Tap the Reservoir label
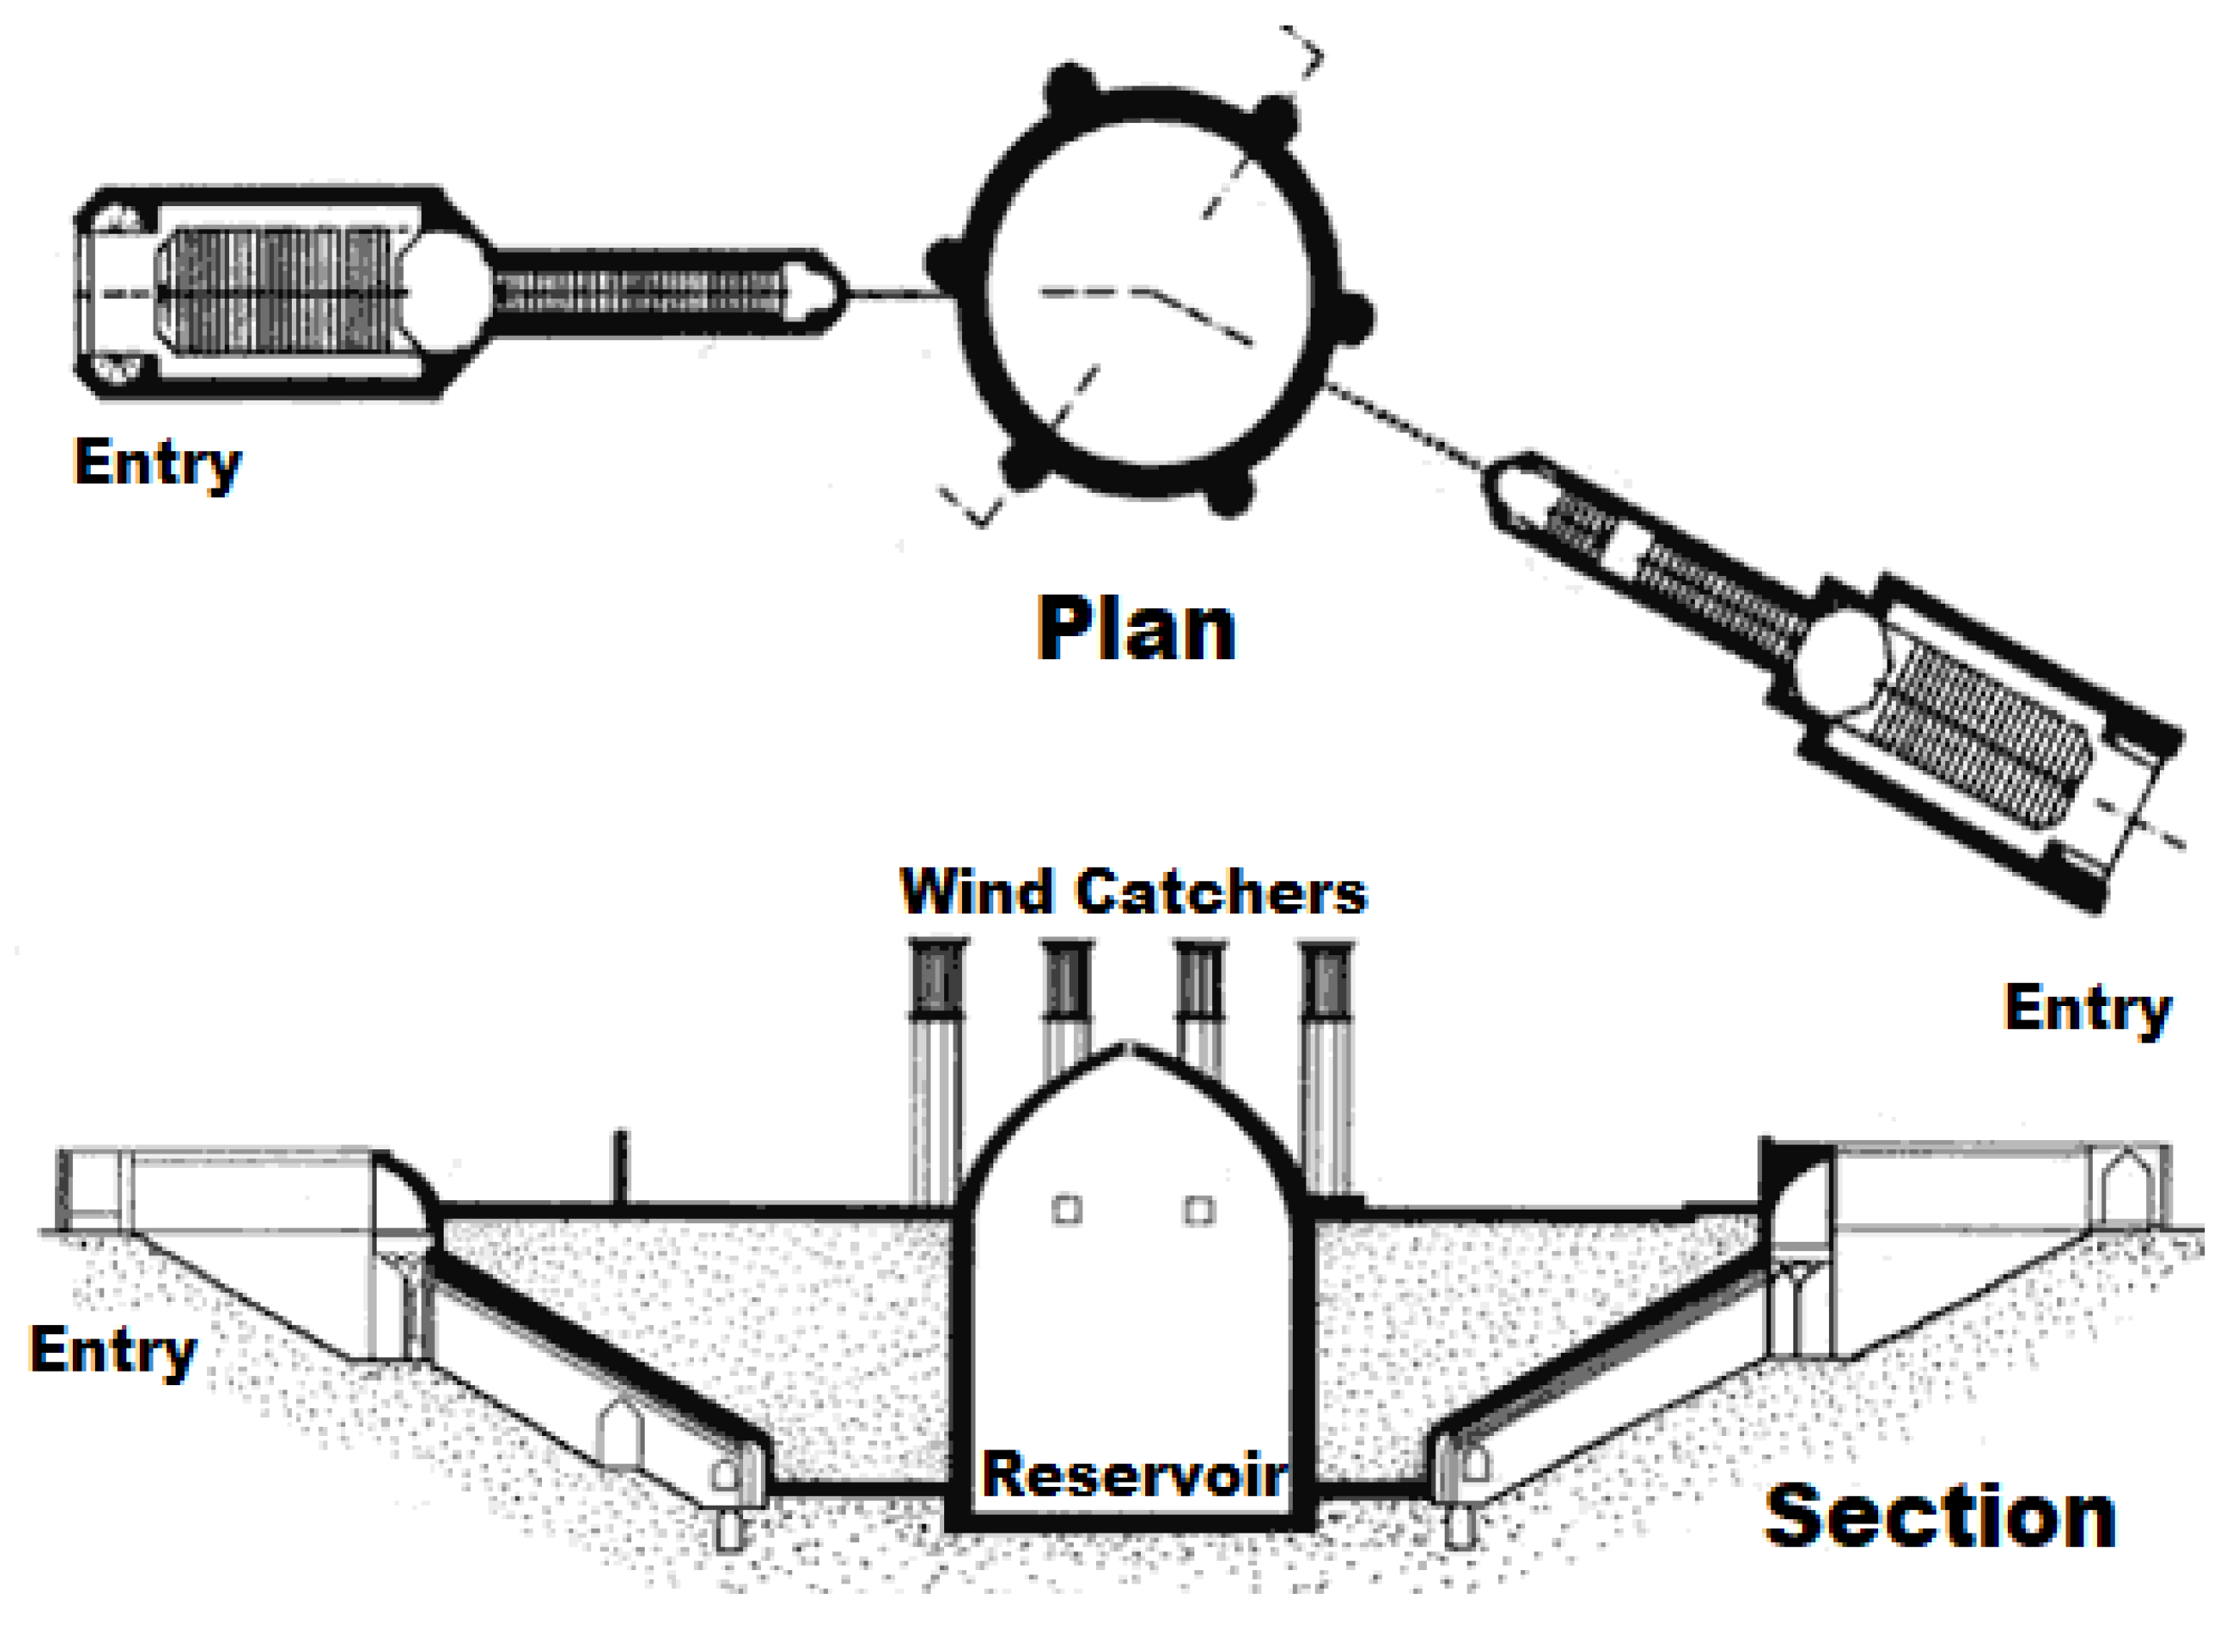tap(1133, 1474)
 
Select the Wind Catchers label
tap(1133, 892)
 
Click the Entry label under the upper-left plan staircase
tap(158, 462)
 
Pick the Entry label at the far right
tap(2088, 1008)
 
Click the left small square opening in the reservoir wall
tap(1066, 1210)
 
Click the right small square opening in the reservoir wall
tap(1199, 1210)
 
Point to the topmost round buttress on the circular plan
tap(1071, 87)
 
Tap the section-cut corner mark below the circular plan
tap(973, 509)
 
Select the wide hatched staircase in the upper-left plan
tap(282, 293)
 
